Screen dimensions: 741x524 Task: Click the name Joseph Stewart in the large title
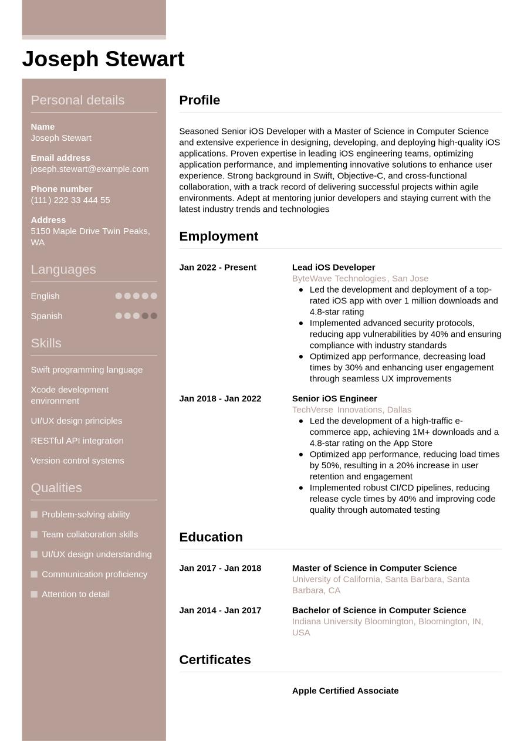(103, 59)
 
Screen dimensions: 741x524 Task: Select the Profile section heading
(200, 100)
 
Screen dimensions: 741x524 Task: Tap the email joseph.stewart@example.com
(89, 169)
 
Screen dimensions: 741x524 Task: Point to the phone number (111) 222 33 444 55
(70, 200)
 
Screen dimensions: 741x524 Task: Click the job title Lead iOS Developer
(333, 268)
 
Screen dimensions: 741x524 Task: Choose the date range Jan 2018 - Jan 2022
(220, 399)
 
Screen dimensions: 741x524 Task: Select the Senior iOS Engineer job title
(334, 399)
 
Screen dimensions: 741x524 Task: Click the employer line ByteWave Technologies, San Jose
(360, 279)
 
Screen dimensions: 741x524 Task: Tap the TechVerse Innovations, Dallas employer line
(351, 410)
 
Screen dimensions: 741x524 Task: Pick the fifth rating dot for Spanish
(154, 316)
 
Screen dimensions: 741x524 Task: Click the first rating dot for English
(119, 296)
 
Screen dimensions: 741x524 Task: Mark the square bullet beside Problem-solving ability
(34, 515)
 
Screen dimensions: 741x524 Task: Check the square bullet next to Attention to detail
(34, 594)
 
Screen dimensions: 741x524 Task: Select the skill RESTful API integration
(77, 441)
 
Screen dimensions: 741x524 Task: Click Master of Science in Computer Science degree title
(374, 569)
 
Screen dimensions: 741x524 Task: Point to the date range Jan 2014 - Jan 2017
(220, 611)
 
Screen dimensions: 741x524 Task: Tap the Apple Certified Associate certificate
(345, 691)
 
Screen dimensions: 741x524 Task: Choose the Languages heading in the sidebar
(63, 270)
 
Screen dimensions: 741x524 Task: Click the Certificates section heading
(215, 660)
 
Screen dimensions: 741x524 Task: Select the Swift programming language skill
(86, 370)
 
